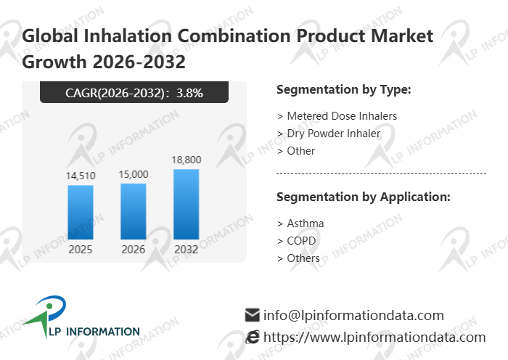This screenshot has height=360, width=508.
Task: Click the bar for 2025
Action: (x=81, y=212)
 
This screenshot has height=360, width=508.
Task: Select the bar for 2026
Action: (x=133, y=211)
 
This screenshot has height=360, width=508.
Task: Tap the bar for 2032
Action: (x=186, y=204)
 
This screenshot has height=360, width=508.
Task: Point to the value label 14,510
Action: (x=81, y=175)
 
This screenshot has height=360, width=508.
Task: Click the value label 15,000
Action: (x=134, y=173)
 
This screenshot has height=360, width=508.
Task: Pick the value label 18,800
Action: (x=186, y=160)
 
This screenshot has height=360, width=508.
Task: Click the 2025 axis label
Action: (x=81, y=249)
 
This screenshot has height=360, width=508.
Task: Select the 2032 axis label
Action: (x=186, y=249)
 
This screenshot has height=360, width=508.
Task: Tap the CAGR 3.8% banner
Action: (x=134, y=92)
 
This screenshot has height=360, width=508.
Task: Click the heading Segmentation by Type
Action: (x=344, y=90)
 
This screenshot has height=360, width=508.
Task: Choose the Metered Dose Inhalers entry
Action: (x=337, y=116)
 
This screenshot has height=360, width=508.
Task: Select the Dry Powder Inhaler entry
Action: (x=329, y=134)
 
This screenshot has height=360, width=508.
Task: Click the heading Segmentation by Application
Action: (x=364, y=197)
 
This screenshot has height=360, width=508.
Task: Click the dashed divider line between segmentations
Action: (x=381, y=174)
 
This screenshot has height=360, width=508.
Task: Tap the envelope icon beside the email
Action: (x=253, y=315)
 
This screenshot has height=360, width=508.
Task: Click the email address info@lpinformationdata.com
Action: (x=353, y=315)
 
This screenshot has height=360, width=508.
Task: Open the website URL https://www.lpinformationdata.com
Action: (x=374, y=337)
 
